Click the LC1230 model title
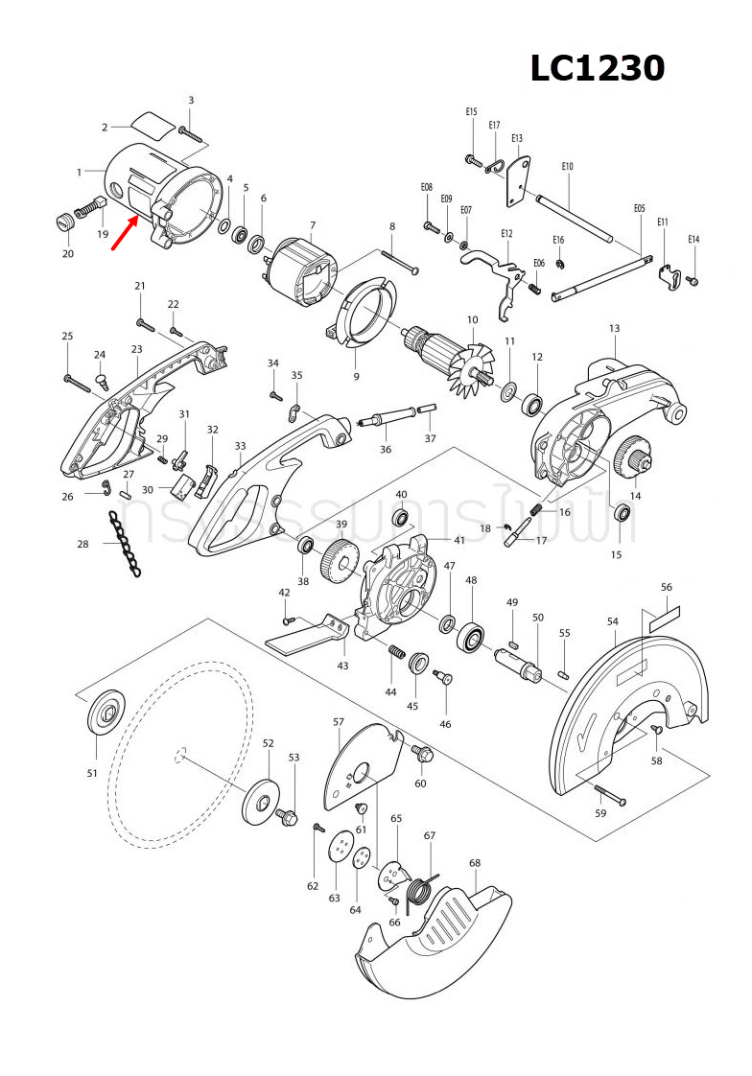[598, 68]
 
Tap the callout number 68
[474, 863]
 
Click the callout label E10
[567, 167]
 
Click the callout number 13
[614, 328]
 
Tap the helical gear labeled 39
[341, 558]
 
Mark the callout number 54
[613, 622]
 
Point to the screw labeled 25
[76, 380]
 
